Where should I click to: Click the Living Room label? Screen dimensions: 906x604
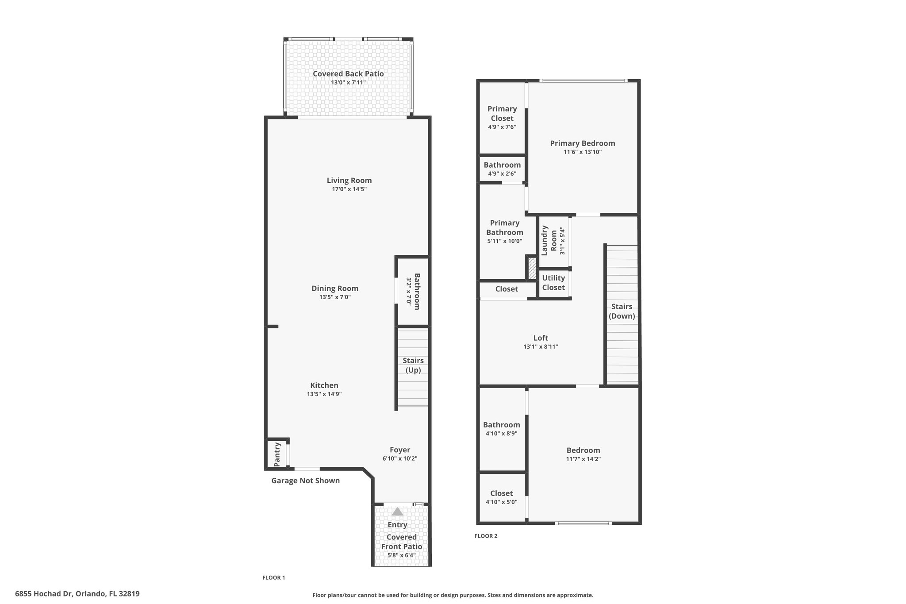(x=349, y=181)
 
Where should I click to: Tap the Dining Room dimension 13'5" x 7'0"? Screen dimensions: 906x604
(x=335, y=297)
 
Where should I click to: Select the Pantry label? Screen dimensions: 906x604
(x=277, y=454)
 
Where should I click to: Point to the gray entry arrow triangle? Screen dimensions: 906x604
(x=397, y=512)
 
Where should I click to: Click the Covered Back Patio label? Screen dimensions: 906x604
(x=348, y=74)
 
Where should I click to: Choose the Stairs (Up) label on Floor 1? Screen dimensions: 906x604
(x=413, y=365)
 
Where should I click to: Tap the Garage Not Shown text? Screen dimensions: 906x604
(x=305, y=481)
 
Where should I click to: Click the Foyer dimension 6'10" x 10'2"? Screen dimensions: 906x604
(x=400, y=459)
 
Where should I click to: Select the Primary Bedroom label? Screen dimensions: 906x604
(x=583, y=143)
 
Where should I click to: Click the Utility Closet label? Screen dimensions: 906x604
(x=553, y=283)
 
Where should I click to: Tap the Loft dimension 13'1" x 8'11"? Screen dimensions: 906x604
(x=541, y=347)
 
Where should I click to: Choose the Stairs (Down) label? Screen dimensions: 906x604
(x=622, y=312)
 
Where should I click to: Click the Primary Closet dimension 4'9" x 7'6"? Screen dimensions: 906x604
(x=502, y=127)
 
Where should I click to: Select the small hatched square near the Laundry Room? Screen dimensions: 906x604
(x=532, y=268)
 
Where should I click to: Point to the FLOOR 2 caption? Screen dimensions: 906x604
(x=486, y=536)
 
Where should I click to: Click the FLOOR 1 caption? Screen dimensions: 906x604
(x=274, y=578)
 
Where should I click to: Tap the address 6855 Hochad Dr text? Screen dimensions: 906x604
(x=43, y=594)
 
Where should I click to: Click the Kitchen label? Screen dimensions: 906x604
(x=324, y=385)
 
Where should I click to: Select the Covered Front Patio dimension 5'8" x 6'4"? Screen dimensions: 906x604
(x=402, y=555)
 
